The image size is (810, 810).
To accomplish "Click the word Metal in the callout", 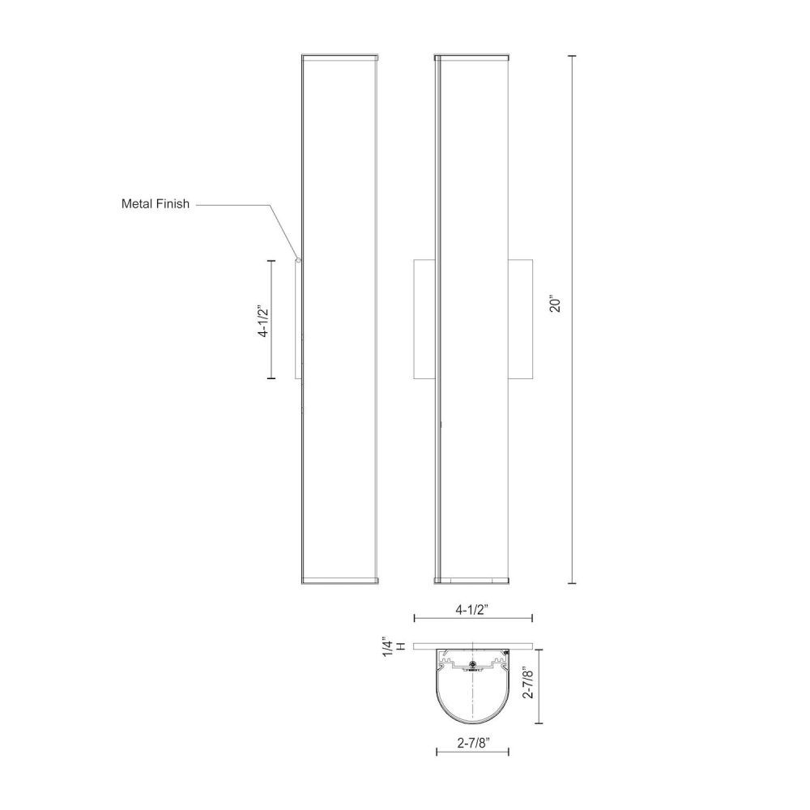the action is point(136,203).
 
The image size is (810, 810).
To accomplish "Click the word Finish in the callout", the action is point(172,203).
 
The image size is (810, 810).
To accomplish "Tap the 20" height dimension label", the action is point(556,304).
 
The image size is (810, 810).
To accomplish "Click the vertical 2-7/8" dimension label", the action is point(527,682).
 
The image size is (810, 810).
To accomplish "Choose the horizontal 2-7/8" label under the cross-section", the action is point(473,743).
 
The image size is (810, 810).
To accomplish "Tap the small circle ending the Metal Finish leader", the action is point(298,260).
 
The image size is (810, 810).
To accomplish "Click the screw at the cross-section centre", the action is point(472,664).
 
